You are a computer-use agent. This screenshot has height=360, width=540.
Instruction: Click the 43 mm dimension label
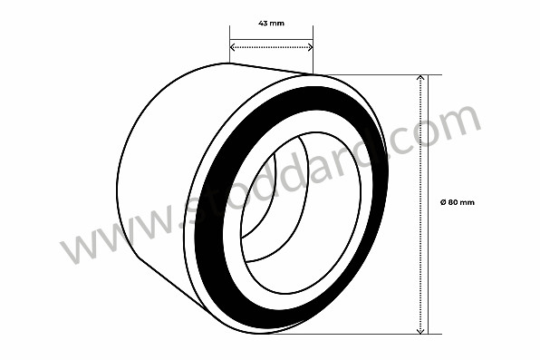click(x=271, y=22)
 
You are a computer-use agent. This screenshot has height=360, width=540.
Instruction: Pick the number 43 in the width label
click(x=263, y=22)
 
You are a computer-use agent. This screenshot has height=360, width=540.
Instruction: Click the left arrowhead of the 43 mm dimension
click(x=232, y=47)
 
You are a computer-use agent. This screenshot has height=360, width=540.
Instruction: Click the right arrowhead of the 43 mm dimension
click(x=310, y=47)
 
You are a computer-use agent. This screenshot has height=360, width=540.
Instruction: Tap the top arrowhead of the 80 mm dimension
click(x=420, y=79)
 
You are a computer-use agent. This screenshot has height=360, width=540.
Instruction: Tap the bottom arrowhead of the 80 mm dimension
click(x=420, y=330)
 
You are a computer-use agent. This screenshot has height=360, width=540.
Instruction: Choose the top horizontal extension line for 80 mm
click(x=381, y=74)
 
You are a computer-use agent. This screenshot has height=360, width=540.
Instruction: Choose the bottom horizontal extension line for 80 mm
click(x=381, y=334)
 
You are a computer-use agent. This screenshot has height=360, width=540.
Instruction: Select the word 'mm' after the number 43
click(x=278, y=22)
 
